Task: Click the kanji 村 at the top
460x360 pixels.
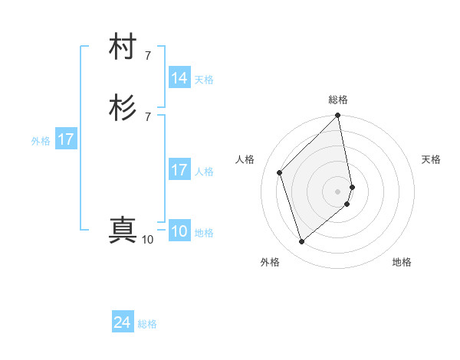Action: (123, 47)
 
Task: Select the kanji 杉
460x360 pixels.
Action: (123, 108)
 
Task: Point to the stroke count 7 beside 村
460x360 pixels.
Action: (147, 55)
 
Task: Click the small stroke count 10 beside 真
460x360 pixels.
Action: (147, 240)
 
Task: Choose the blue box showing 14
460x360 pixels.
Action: (179, 78)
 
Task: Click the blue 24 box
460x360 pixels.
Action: (123, 323)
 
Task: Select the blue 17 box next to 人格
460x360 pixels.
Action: (179, 170)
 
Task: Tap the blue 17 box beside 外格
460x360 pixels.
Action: (66, 139)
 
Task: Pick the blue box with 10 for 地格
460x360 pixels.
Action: (179, 232)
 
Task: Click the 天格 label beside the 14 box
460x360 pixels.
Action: (204, 80)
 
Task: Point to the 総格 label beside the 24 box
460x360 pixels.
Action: (147, 324)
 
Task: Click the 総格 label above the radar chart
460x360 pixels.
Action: (338, 100)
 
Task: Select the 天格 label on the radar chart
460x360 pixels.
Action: (431, 159)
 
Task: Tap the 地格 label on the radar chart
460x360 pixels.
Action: (402, 262)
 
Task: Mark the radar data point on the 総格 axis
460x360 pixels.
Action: (338, 116)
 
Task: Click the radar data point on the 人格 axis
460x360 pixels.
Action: (280, 172)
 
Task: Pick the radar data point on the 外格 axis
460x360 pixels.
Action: (301, 242)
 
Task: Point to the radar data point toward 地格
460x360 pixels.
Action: (347, 204)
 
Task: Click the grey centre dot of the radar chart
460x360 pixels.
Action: (338, 191)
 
